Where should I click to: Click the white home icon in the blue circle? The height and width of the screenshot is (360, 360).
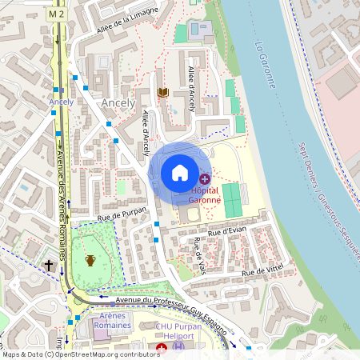180,172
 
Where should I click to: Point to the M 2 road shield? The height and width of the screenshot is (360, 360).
55,14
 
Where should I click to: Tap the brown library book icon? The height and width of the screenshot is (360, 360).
164,93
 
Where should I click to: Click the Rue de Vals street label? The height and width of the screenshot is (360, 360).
199,254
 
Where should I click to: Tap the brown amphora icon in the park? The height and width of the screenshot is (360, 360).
90,260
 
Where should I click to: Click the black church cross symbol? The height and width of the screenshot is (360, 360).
48,264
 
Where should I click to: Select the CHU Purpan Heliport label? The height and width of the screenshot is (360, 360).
197,341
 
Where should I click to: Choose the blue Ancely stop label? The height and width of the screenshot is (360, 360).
61,102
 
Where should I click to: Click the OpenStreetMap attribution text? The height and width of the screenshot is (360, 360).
80,354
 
